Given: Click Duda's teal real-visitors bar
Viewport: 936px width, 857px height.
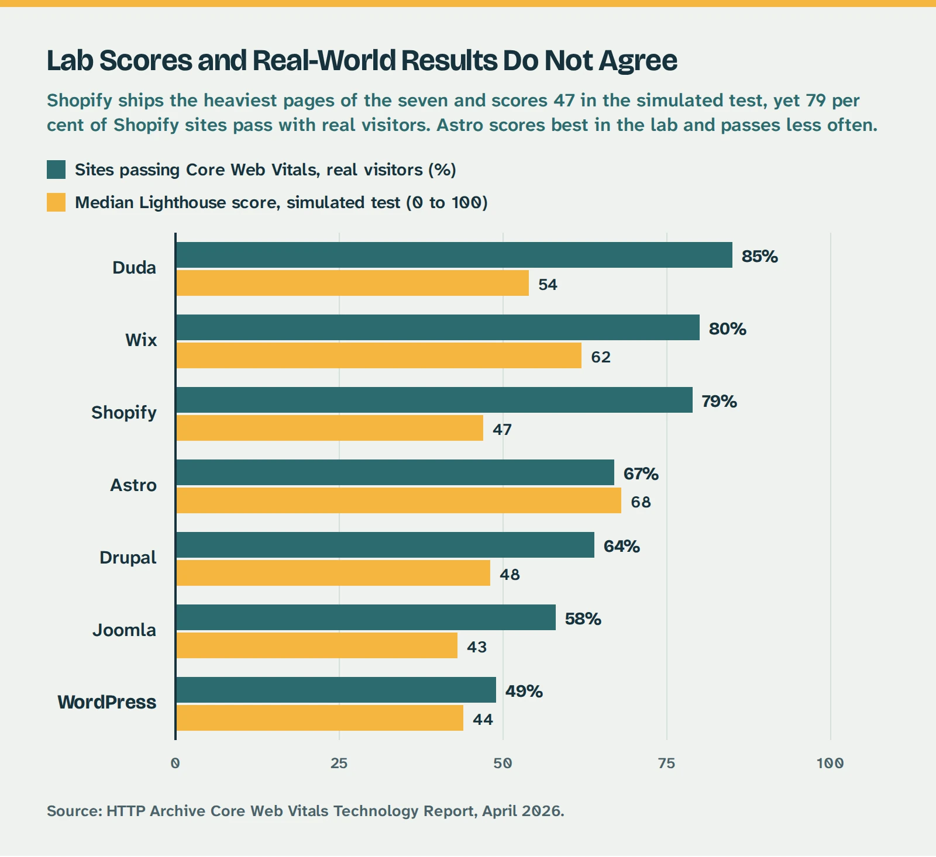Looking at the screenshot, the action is [454, 255].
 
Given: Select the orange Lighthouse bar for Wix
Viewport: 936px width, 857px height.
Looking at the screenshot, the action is [379, 355].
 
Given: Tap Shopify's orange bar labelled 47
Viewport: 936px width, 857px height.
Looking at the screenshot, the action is [329, 428].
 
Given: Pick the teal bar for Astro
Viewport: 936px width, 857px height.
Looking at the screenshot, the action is [395, 472].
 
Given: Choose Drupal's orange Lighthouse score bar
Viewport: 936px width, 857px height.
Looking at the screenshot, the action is [333, 573].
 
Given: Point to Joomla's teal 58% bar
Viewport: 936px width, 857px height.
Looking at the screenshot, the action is [366, 617].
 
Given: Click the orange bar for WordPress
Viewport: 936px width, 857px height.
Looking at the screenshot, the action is [319, 718].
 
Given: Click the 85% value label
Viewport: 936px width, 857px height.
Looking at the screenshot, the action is [759, 257].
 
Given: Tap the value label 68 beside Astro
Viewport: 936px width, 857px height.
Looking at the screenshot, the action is [641, 502].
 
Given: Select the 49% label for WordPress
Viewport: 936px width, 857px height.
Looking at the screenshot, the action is [524, 692].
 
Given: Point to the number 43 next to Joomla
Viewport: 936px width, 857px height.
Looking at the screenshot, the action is [477, 647].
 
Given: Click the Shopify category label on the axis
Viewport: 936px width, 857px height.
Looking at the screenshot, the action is [124, 413].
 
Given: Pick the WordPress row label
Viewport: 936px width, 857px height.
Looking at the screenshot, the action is [107, 702].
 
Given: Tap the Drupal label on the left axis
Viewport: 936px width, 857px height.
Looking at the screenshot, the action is [128, 558].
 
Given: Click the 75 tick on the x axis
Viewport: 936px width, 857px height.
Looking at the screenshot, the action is [666, 763].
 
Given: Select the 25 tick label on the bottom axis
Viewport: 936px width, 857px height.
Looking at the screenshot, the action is [339, 763].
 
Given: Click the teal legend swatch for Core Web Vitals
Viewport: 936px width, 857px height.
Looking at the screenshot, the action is [56, 170].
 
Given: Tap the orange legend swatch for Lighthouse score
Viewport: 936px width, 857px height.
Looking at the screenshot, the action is [56, 202].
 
